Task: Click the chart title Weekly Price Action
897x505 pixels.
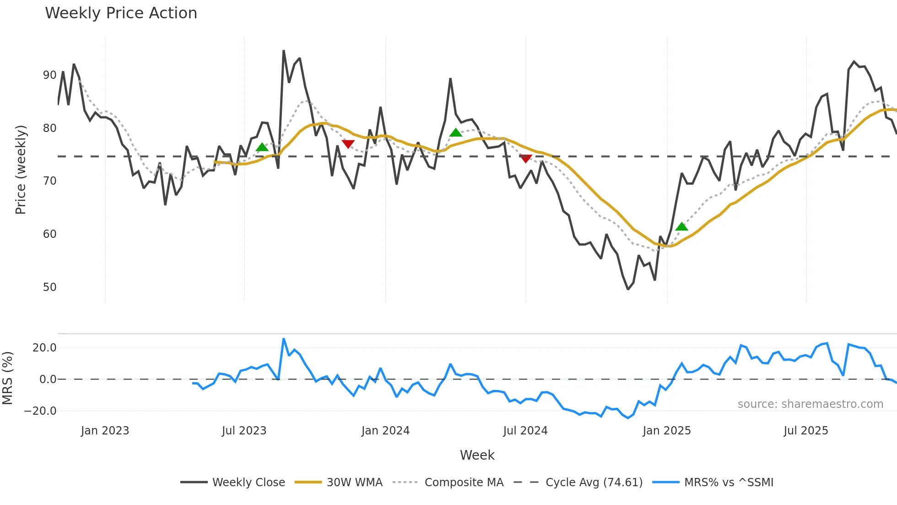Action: pos(121,13)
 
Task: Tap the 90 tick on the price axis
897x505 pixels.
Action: pos(49,75)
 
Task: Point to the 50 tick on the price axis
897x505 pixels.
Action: pos(49,287)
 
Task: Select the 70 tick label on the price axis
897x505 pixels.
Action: pos(49,181)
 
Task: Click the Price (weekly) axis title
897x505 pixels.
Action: pos(21,170)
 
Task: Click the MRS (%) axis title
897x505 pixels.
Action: pos(8,378)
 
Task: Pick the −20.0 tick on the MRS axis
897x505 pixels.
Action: pos(40,411)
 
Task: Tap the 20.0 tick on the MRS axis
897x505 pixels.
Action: pos(44,348)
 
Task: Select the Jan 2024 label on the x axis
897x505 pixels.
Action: pos(385,431)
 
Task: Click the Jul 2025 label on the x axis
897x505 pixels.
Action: pos(806,431)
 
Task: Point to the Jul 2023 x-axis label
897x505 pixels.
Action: pos(244,431)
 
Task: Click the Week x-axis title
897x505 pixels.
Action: pos(477,455)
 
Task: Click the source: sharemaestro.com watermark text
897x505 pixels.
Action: pos(810,404)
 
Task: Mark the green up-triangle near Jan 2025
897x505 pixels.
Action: pos(681,227)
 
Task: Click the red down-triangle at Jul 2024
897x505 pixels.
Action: pos(526,159)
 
